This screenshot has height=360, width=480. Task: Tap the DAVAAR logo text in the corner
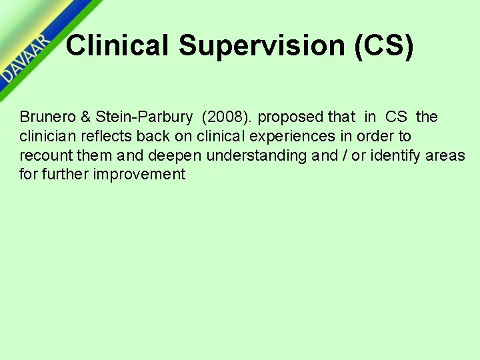coord(25,59)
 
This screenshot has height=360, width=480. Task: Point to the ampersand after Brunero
coord(86,117)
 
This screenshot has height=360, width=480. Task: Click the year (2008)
coord(227,117)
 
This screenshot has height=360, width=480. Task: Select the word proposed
coord(291,117)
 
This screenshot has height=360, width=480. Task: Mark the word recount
coord(43,156)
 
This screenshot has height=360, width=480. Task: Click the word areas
coord(447,156)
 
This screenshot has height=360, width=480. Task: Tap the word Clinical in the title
coord(118,45)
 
